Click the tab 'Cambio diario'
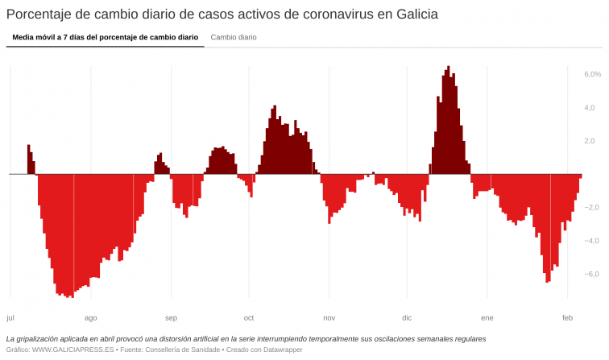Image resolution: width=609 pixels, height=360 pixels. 234,37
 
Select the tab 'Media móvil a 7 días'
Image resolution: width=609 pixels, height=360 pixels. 105,37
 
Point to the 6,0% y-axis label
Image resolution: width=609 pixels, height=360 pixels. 592,74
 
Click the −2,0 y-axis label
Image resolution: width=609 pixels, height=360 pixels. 592,207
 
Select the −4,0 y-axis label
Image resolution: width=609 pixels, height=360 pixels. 592,241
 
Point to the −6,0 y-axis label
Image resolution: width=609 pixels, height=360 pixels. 592,274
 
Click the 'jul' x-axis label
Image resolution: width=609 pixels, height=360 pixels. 10,317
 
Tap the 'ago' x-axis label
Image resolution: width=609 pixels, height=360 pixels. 90,317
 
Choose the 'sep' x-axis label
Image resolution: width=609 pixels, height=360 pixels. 171,317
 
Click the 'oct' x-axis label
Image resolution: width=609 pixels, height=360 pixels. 249,317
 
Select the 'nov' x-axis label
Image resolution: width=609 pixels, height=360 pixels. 329,317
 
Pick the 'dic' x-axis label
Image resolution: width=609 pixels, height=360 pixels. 407,317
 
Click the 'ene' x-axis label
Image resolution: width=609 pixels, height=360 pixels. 487,317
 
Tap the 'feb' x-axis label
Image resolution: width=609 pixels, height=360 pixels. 567,317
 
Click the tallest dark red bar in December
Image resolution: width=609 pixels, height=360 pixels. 449,121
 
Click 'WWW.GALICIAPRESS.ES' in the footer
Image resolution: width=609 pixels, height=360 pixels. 72,350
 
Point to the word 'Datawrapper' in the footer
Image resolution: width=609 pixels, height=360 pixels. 269,350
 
